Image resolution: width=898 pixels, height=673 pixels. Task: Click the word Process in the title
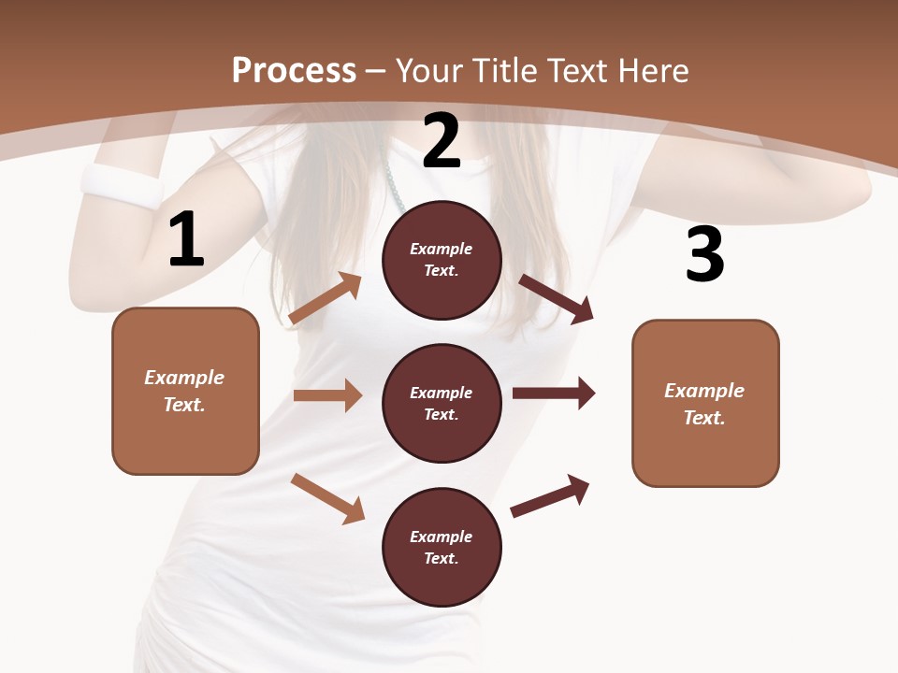pyautogui.click(x=294, y=70)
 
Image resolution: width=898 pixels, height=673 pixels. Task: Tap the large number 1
pyautogui.click(x=186, y=240)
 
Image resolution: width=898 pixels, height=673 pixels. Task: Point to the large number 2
pyautogui.click(x=442, y=141)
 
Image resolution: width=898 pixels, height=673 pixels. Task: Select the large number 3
pyautogui.click(x=704, y=255)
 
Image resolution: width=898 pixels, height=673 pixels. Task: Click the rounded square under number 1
pyautogui.click(x=185, y=391)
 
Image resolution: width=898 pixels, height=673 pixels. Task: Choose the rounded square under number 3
pyautogui.click(x=705, y=404)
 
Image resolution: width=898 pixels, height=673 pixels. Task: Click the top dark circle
pyautogui.click(x=442, y=260)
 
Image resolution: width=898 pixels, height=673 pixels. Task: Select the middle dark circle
pyautogui.click(x=442, y=403)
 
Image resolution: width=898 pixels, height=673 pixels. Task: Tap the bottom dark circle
pyautogui.click(x=442, y=547)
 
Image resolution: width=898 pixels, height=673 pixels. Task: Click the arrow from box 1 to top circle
pyautogui.click(x=326, y=298)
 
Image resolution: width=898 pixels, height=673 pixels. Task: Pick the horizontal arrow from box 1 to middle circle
pyautogui.click(x=327, y=395)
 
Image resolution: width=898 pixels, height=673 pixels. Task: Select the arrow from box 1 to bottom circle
pyautogui.click(x=327, y=498)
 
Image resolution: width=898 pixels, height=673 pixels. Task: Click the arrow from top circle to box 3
pyautogui.click(x=556, y=298)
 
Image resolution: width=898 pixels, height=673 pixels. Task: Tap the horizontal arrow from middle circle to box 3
pyautogui.click(x=553, y=394)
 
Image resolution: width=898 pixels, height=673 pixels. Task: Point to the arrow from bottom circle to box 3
pyautogui.click(x=550, y=495)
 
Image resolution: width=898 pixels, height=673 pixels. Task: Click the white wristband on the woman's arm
pyautogui.click(x=122, y=187)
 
